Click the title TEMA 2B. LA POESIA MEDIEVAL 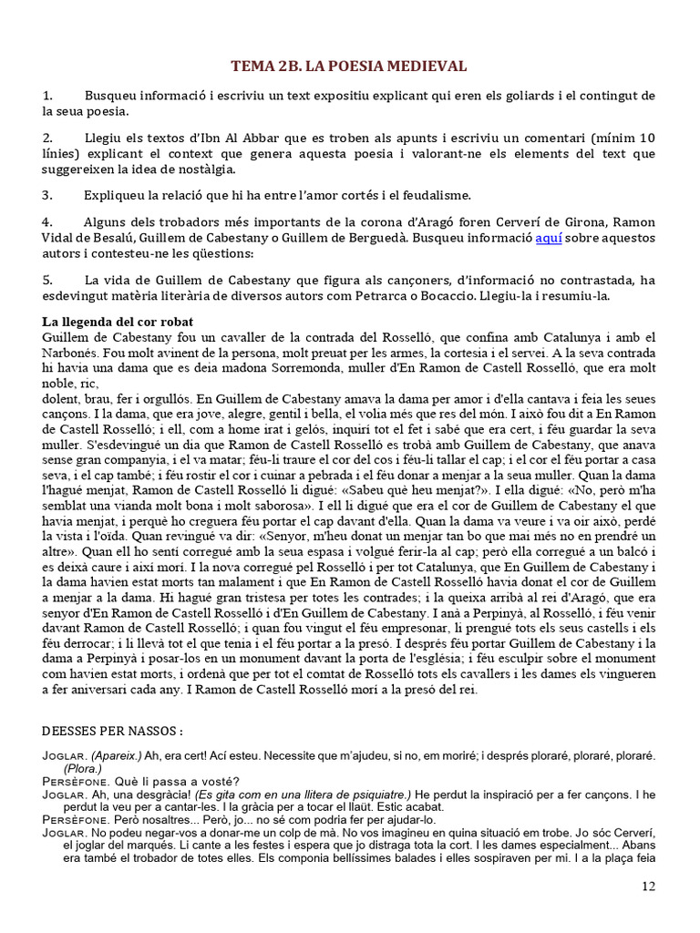(349, 66)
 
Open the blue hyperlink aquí (548, 238)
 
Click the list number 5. (47, 281)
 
